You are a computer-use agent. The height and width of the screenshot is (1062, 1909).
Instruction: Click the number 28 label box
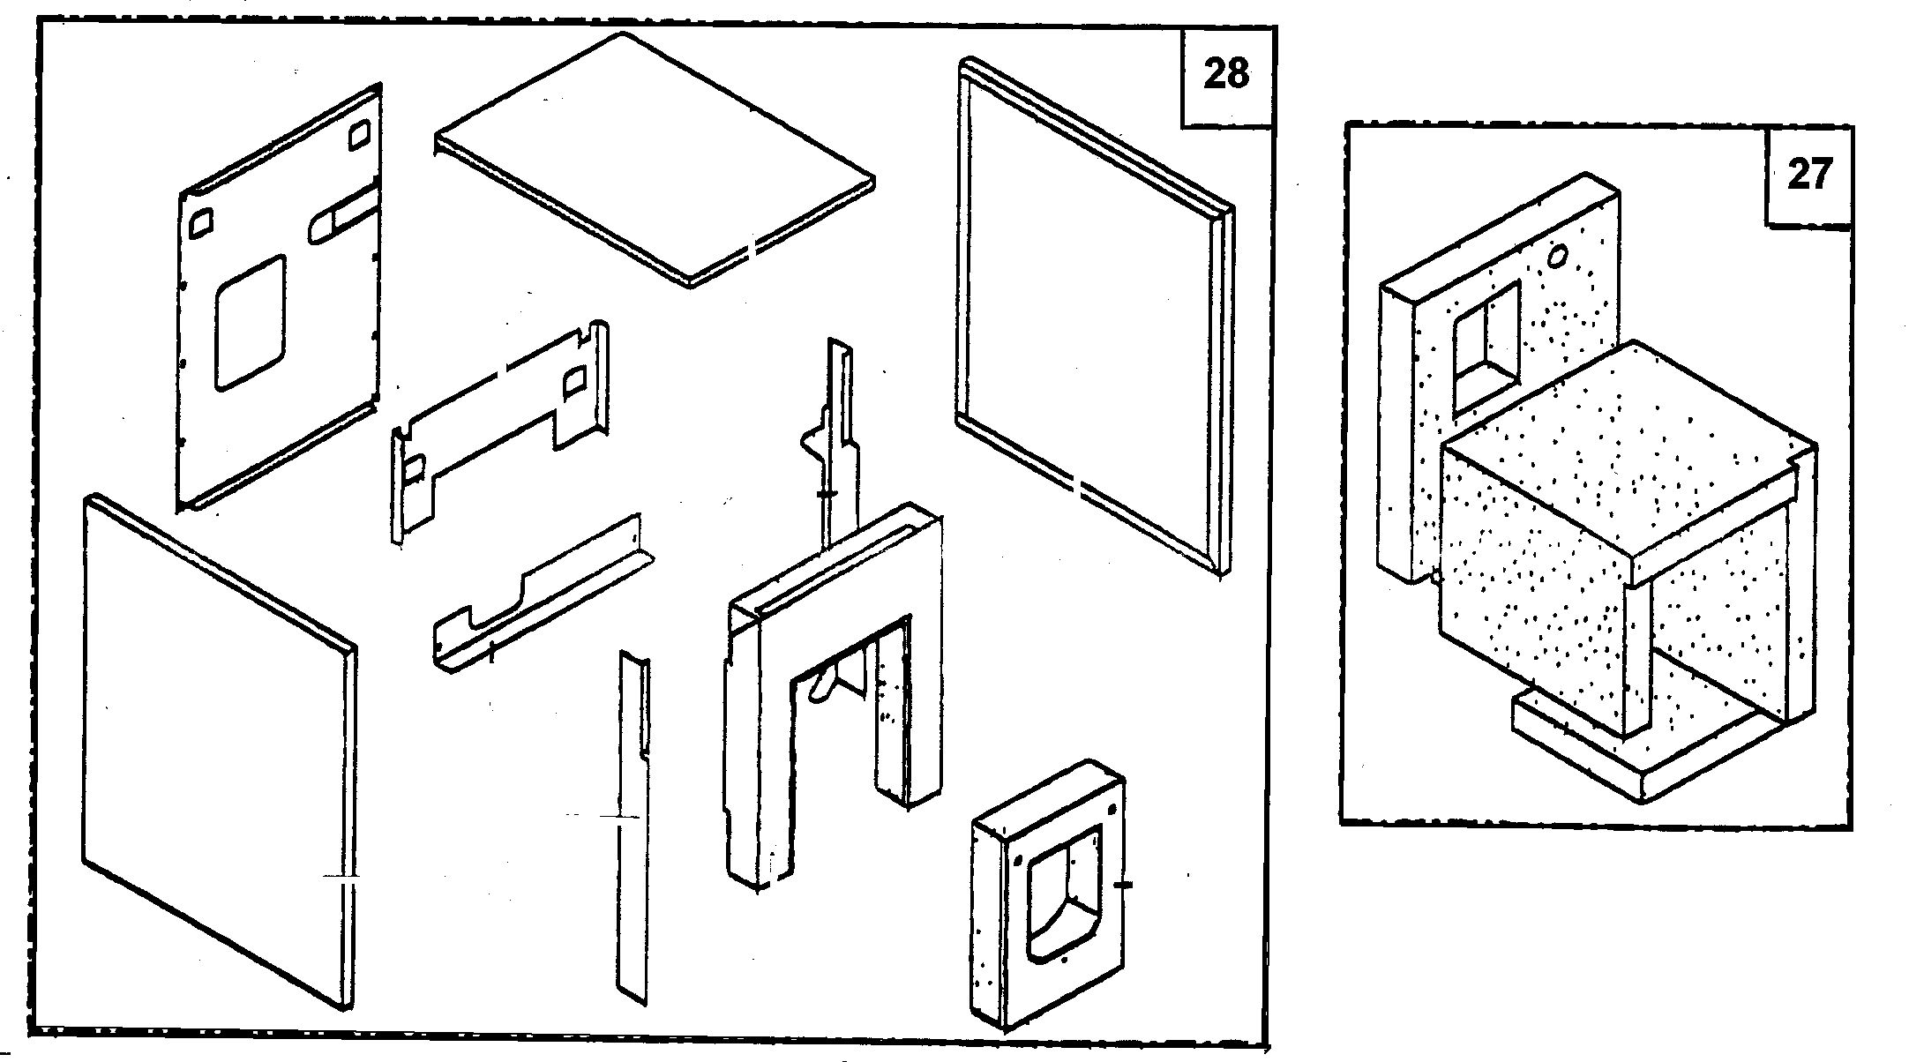click(1226, 74)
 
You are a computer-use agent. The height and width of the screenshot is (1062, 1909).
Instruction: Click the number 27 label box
click(1809, 175)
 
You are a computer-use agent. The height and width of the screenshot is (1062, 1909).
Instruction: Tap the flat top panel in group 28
click(653, 159)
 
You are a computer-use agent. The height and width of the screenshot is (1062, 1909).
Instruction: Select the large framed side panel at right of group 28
click(1094, 318)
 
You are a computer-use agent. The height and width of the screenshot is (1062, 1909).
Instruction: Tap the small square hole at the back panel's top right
click(360, 136)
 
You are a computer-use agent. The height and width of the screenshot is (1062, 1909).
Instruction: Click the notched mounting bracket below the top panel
click(498, 415)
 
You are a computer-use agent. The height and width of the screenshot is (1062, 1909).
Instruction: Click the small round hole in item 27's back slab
click(1558, 256)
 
